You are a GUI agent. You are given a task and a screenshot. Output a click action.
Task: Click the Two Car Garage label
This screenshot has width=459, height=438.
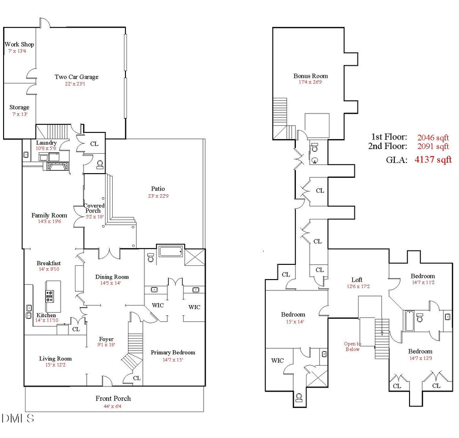click(x=76, y=77)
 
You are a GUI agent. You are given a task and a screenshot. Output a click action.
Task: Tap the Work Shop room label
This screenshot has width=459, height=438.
click(x=19, y=45)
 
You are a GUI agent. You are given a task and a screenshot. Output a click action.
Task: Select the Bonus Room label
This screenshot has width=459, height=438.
click(x=307, y=76)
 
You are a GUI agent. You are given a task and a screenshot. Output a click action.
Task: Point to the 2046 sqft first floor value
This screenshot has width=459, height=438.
click(x=433, y=137)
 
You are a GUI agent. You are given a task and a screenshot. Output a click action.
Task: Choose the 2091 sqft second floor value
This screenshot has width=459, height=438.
click(x=433, y=147)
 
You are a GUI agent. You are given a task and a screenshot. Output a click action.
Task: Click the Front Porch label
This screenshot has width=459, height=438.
click(x=113, y=398)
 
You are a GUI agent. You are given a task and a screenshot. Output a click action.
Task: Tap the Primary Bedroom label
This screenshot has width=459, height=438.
click(x=172, y=352)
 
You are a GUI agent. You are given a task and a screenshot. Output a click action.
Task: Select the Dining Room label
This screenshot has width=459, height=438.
click(x=112, y=277)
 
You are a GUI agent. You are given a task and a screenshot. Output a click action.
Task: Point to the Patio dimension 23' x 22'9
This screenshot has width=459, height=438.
click(x=158, y=196)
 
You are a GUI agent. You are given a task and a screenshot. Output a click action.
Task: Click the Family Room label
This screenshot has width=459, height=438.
click(x=49, y=215)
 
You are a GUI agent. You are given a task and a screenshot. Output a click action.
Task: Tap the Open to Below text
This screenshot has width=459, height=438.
click(x=352, y=346)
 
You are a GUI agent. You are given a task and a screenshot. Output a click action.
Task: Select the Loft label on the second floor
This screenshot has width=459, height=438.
click(x=357, y=280)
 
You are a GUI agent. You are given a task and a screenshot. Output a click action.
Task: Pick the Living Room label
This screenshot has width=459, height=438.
click(x=55, y=359)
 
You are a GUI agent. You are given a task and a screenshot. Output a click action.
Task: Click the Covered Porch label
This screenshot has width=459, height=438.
click(x=94, y=208)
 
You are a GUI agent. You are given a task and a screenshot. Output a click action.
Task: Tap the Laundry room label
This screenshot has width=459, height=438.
click(x=46, y=143)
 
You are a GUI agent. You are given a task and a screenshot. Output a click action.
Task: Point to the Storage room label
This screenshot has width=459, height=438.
click(x=19, y=107)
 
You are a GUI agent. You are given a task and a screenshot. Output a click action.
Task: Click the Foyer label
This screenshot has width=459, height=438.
click(x=106, y=339)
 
